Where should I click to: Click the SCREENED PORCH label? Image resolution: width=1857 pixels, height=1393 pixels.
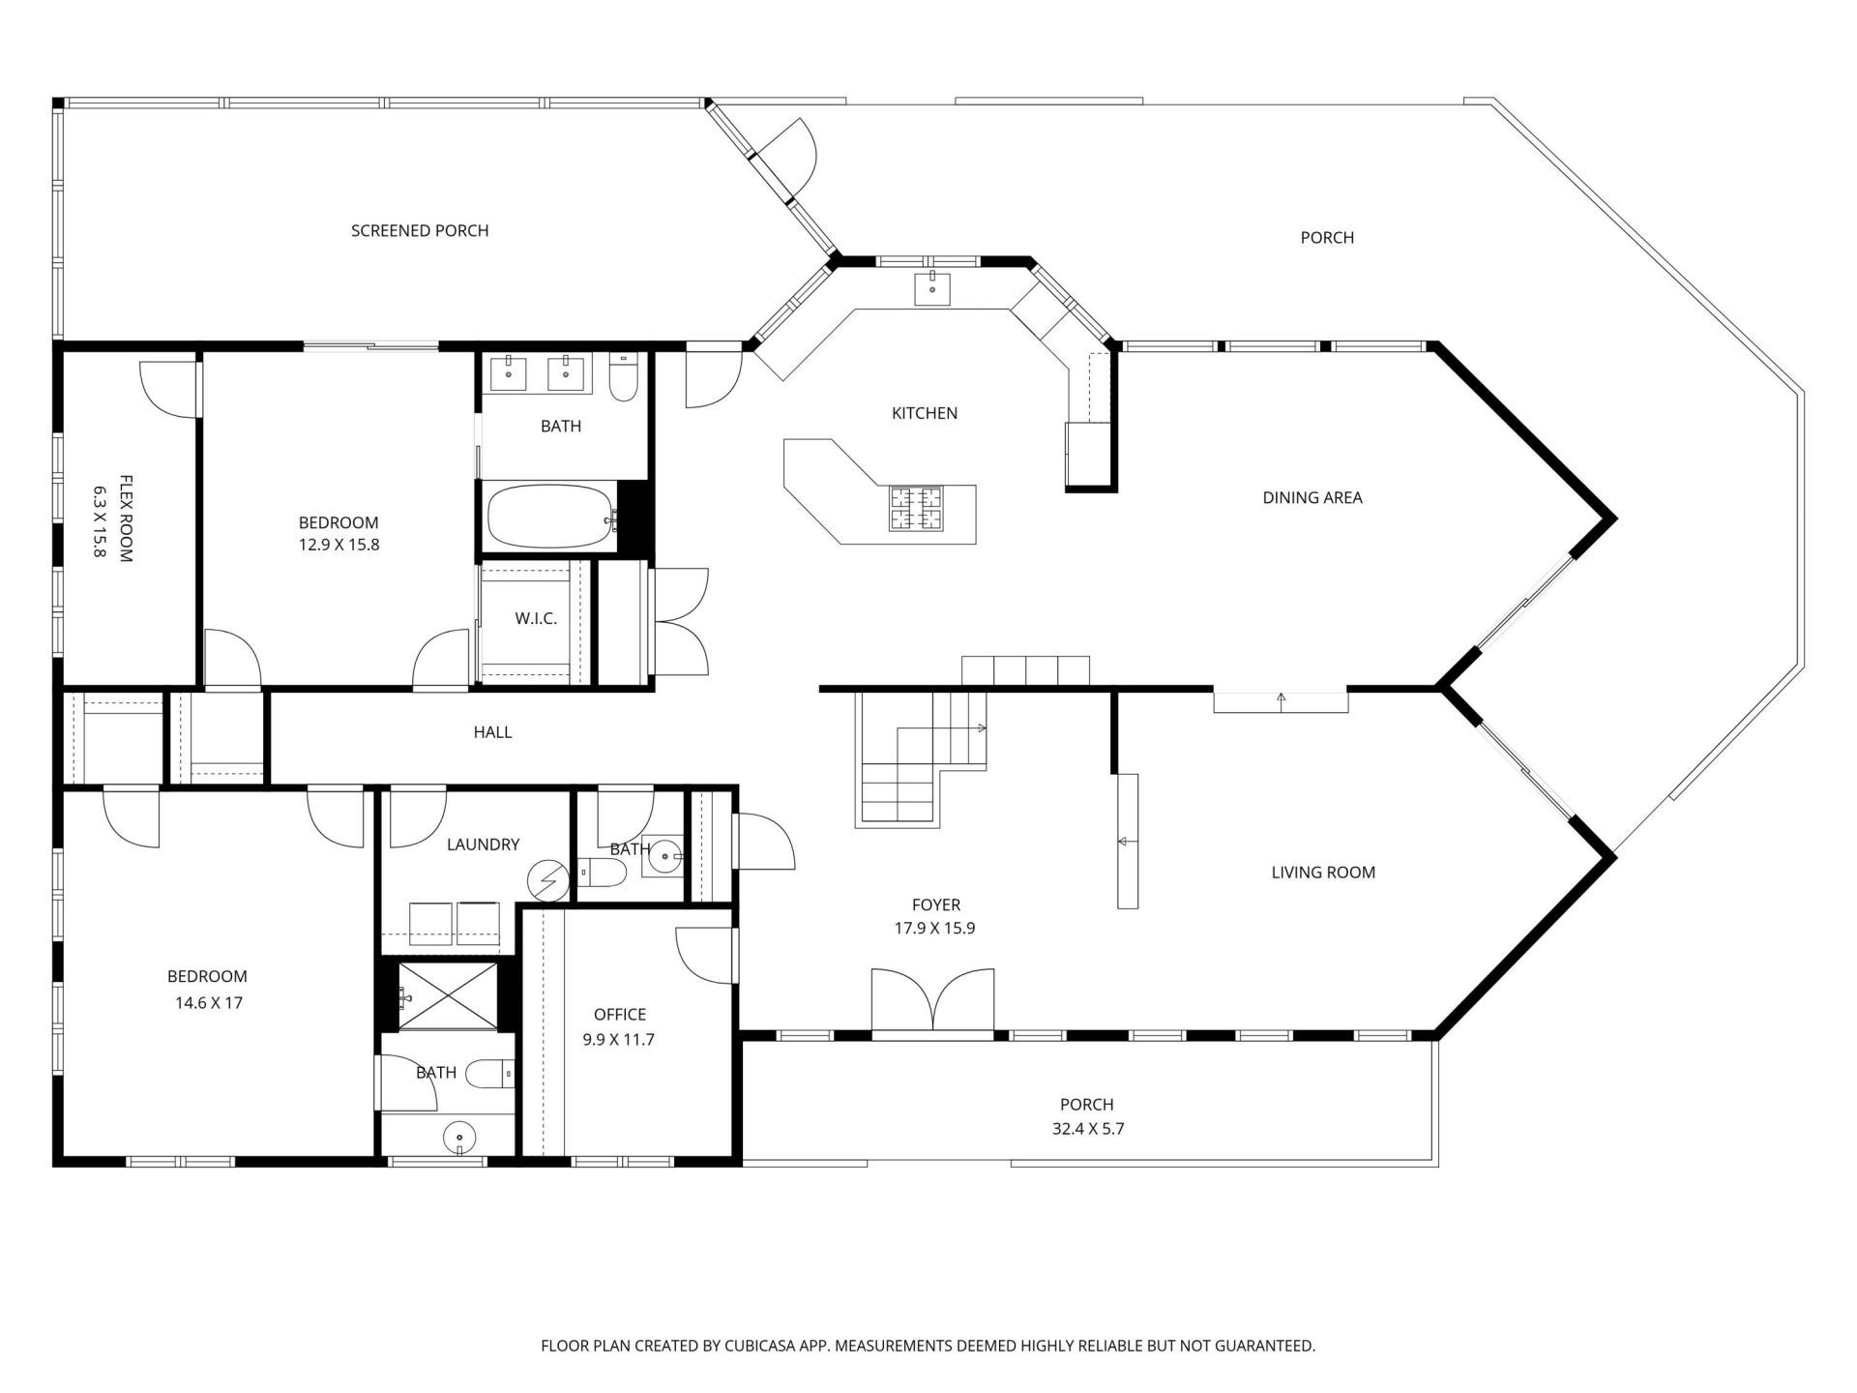(420, 230)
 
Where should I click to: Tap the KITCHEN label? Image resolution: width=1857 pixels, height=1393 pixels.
(925, 413)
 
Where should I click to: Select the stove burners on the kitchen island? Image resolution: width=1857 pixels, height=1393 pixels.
(916, 509)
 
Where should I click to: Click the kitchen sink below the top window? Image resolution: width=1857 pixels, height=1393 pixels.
(932, 288)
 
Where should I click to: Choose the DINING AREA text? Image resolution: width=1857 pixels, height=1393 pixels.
(1312, 497)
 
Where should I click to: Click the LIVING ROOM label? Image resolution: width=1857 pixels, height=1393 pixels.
(1323, 873)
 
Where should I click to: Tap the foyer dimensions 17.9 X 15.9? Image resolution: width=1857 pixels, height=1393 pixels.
(936, 929)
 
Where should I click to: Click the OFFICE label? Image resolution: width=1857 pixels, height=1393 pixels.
(620, 1015)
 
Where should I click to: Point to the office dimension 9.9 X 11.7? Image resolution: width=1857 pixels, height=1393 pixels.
(620, 1040)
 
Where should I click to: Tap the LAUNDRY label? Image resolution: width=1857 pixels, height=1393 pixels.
(484, 845)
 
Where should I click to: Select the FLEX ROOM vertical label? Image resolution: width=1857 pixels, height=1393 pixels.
(112, 518)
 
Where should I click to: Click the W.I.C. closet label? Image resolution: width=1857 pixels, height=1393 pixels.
(536, 619)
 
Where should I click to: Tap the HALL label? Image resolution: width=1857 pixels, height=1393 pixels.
(492, 732)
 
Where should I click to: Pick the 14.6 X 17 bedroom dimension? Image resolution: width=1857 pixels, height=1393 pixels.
(209, 1003)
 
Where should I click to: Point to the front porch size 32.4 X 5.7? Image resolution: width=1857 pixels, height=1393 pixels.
(1087, 1129)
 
